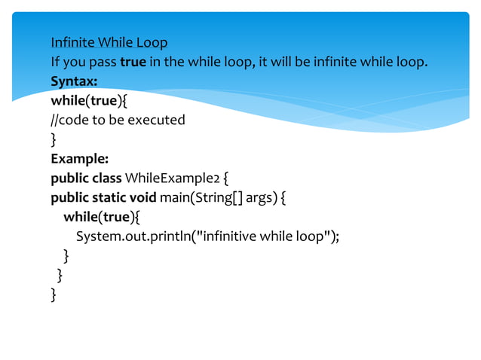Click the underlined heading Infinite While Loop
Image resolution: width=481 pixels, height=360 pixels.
(109, 41)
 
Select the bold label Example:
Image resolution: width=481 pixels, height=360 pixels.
(80, 159)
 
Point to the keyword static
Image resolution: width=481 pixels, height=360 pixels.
(107, 198)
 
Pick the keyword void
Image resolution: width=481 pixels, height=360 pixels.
(142, 198)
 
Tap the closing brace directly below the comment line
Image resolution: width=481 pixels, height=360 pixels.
(54, 139)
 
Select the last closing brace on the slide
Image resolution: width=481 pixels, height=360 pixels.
(54, 295)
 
